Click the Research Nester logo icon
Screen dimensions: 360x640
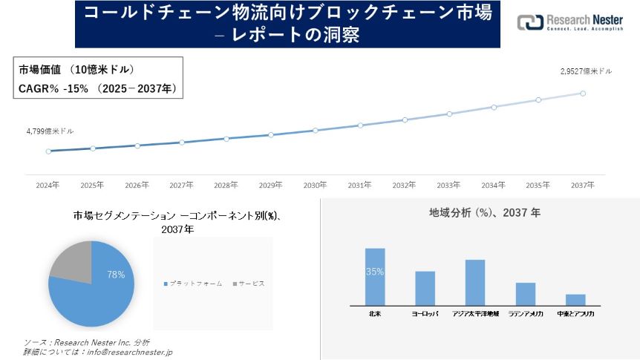coord(529,22)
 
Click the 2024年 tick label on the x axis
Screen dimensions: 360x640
coord(48,185)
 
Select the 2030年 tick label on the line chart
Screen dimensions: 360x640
coord(316,185)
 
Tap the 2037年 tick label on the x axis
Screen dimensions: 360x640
coord(583,185)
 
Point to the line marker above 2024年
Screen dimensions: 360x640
coord(48,151)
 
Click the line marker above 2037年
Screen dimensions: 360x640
coord(583,94)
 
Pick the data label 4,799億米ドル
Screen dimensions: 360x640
coord(50,131)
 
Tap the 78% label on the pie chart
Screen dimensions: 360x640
coord(116,275)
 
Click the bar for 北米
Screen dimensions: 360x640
coord(375,276)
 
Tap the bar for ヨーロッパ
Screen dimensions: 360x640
coord(425,288)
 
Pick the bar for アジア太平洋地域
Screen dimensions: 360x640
coord(475,282)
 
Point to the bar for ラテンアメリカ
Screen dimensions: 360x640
coord(526,293)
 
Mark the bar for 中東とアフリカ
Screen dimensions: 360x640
coord(575,299)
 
